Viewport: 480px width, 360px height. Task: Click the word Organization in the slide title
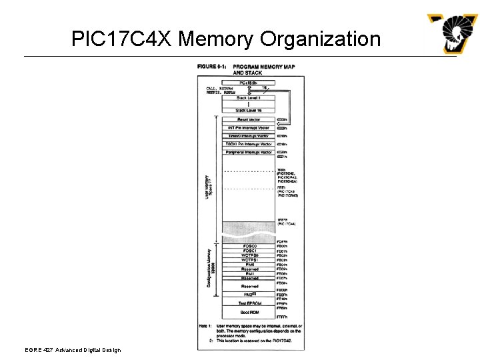click(321, 39)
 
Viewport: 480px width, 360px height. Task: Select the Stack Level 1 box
click(249, 98)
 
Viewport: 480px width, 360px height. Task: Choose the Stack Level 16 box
click(249, 110)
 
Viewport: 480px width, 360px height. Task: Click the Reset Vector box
click(249, 119)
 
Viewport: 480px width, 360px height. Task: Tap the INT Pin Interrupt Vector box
click(249, 127)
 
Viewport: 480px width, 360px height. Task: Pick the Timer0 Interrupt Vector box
click(249, 136)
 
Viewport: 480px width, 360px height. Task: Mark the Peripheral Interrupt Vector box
click(249, 153)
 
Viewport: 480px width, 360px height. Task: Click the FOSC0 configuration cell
click(249, 246)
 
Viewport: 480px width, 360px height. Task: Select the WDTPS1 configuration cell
click(249, 260)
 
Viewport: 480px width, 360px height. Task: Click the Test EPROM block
click(249, 303)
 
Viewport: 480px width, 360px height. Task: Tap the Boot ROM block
click(249, 312)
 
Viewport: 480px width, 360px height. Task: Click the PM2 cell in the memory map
click(249, 294)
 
